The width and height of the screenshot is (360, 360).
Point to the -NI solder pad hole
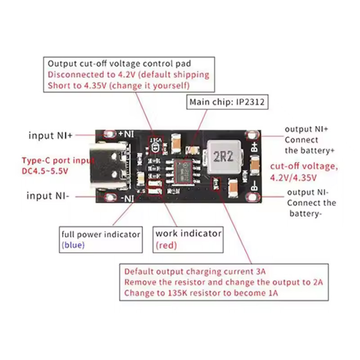(x=109, y=197)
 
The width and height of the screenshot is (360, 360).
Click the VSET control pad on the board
(x=156, y=145)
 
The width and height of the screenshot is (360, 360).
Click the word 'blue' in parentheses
(x=72, y=245)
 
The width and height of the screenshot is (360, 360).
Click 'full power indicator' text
(x=101, y=234)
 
